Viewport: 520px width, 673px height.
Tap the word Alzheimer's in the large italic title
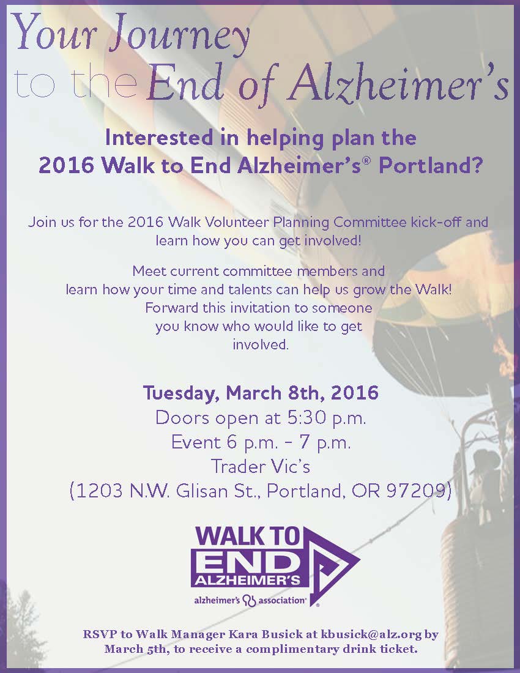click(399, 83)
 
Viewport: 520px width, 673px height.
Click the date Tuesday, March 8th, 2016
click(261, 393)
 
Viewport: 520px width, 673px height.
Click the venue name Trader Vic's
click(260, 466)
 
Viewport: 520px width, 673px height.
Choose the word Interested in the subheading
click(159, 138)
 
